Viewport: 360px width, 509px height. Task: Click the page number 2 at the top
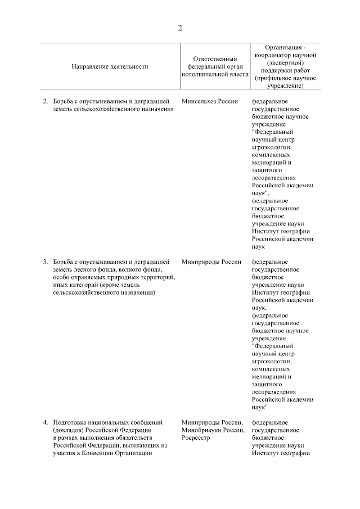(x=180, y=28)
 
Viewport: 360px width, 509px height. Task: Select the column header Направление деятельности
(x=110, y=66)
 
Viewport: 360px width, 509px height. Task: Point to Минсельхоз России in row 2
(x=210, y=101)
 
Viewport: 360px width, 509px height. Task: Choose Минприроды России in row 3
(x=211, y=262)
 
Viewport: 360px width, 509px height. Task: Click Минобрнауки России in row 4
(x=212, y=430)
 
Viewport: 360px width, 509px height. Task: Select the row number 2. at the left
(x=46, y=101)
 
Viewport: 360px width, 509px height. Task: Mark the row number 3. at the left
(x=46, y=262)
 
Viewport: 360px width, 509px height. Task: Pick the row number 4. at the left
(x=46, y=422)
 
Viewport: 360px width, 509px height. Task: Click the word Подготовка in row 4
(x=71, y=422)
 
